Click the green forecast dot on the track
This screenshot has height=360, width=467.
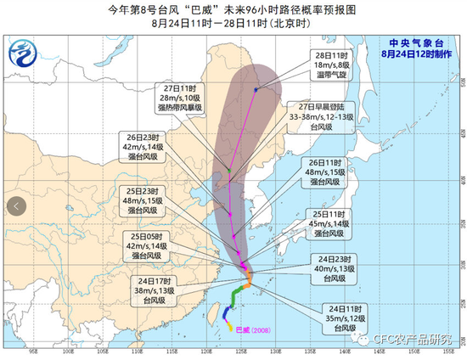click(229, 173)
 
